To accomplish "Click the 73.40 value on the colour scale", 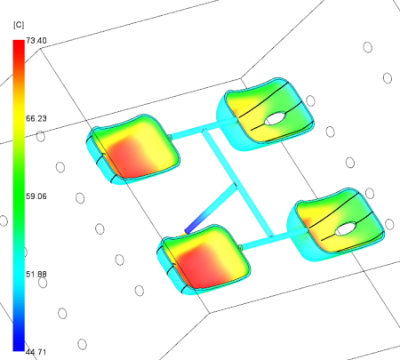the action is [x=36, y=41].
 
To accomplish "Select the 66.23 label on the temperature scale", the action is [x=36, y=118].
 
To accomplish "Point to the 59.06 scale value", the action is [x=36, y=196].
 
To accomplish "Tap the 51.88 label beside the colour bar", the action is [x=36, y=274].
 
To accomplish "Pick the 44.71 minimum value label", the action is [x=36, y=352].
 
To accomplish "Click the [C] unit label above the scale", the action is [x=19, y=25].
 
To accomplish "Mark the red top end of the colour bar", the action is [x=19, y=43].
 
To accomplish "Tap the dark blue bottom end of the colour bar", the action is [x=19, y=348].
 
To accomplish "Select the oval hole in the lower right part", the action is [x=346, y=228].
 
